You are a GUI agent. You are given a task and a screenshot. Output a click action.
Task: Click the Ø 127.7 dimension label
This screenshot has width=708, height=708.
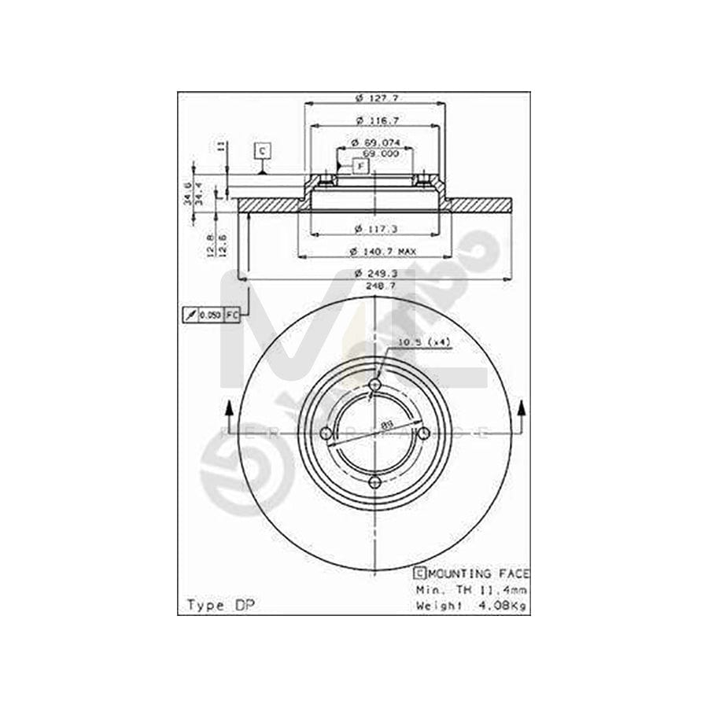point(374,98)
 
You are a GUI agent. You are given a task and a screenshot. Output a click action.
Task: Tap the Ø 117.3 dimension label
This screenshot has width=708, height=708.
point(374,229)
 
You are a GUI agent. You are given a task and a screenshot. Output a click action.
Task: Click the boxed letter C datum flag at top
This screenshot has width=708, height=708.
point(262,150)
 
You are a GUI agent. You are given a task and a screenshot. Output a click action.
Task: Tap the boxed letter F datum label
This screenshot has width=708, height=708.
point(360,166)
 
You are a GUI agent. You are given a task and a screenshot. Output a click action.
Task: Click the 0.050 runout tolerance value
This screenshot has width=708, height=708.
point(209,315)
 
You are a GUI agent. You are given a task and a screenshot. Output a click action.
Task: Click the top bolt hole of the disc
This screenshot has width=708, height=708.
point(374,384)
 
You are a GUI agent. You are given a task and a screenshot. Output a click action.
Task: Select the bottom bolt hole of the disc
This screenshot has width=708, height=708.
point(374,481)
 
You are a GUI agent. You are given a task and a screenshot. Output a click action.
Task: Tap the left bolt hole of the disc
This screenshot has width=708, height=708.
point(326,433)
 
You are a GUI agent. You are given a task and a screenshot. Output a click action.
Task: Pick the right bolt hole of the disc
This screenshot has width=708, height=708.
point(423,433)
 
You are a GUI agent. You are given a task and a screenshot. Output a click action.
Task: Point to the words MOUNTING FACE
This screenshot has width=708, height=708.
point(478,573)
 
